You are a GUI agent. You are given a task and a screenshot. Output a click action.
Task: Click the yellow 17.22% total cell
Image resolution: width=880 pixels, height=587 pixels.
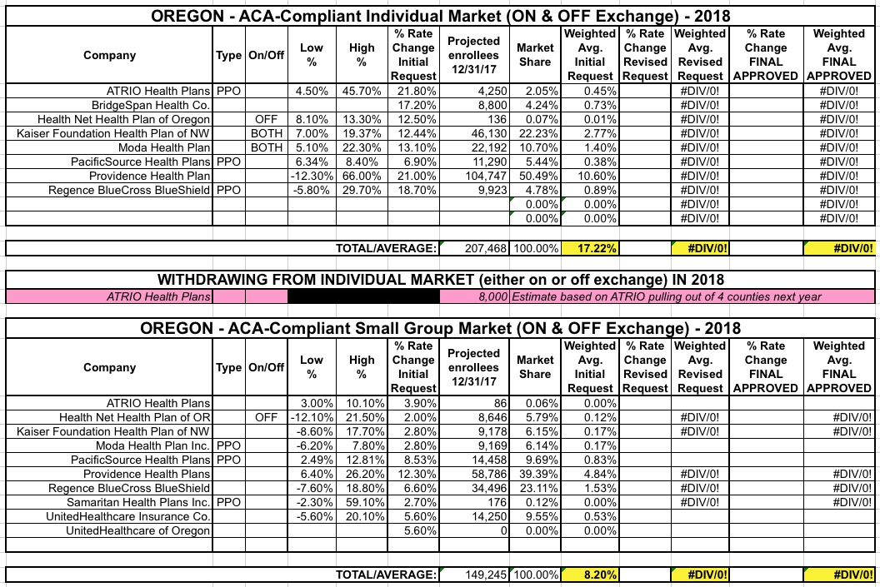coord(590,248)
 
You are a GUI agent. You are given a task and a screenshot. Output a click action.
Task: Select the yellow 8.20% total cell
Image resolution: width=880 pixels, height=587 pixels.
coord(590,575)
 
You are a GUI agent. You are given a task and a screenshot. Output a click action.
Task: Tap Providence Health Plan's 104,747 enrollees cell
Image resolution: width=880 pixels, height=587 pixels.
coord(474,176)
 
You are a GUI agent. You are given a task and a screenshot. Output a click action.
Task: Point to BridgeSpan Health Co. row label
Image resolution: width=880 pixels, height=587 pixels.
coord(151,105)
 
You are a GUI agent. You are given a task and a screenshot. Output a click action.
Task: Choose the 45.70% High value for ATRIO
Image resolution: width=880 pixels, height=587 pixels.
coord(362,91)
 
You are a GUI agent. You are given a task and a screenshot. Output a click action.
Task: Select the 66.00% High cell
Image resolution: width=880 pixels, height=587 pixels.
coord(362,176)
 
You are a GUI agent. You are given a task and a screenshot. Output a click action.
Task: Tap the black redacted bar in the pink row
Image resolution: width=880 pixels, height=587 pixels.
coord(363,296)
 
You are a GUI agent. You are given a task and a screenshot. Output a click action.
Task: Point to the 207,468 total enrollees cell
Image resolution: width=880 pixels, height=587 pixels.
coord(474,248)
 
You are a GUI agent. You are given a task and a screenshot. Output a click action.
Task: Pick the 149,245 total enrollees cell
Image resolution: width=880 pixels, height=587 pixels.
coord(474,575)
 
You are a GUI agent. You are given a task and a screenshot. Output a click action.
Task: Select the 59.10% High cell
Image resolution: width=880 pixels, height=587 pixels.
coord(362,502)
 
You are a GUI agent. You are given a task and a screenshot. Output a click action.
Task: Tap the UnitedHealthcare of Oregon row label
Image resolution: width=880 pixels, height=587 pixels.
coord(138,530)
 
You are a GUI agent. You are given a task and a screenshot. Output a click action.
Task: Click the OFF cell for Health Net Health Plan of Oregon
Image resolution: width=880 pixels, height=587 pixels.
coord(266,119)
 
